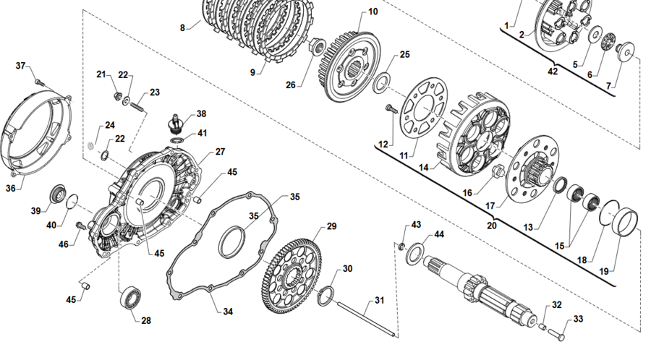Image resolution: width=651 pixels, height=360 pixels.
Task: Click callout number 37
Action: (x=21, y=66)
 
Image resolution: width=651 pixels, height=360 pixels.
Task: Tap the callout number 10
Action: (x=373, y=12)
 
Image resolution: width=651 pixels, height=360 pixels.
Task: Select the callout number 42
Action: (x=553, y=72)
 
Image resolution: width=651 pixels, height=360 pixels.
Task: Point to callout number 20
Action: (x=491, y=226)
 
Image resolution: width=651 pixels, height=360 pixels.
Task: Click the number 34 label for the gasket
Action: (x=228, y=312)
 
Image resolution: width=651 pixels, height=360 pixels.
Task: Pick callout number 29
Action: (x=332, y=226)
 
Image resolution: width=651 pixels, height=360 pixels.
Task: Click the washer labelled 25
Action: (x=380, y=82)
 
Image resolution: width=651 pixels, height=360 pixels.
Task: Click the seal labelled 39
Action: (x=56, y=194)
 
